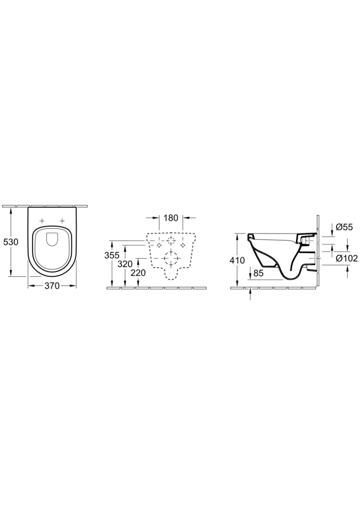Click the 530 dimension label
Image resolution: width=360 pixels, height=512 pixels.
[x=10, y=242]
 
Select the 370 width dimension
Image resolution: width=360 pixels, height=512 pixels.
[x=52, y=286]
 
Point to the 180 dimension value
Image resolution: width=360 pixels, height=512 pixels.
[x=171, y=218]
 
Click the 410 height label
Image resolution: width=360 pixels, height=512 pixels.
[x=237, y=260]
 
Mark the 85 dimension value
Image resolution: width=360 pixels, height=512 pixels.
[x=259, y=273]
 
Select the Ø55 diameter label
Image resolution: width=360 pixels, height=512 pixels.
[x=344, y=227]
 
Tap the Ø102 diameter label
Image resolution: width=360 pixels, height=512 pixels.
[x=347, y=258]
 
